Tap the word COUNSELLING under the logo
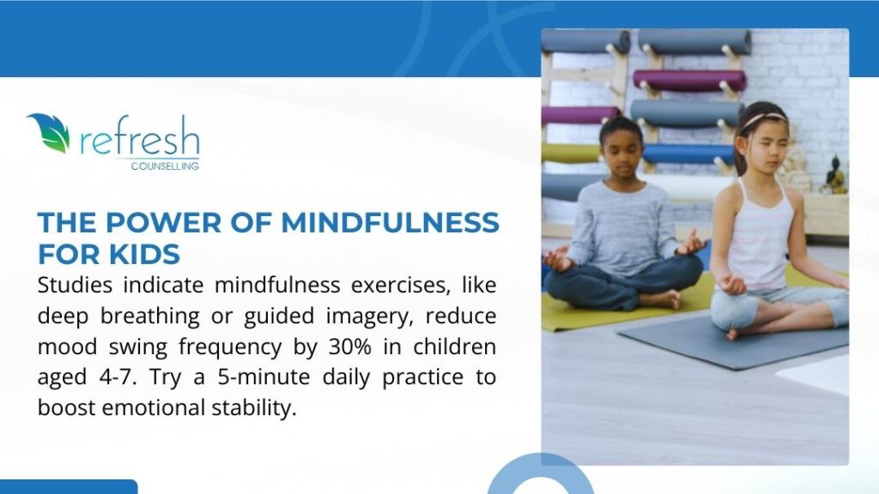click(166, 166)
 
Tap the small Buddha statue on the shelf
click(832, 176)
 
